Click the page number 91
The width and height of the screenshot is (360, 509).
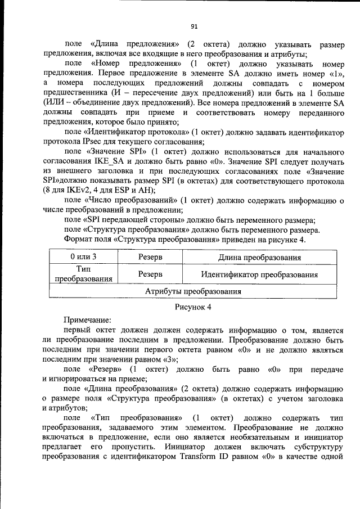click(194, 26)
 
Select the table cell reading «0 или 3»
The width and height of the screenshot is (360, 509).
click(83, 257)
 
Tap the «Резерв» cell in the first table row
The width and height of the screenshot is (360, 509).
click(150, 257)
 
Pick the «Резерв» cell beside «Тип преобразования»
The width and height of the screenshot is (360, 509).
click(150, 274)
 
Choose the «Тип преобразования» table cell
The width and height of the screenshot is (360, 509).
click(83, 274)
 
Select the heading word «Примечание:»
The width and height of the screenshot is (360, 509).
click(87, 319)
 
